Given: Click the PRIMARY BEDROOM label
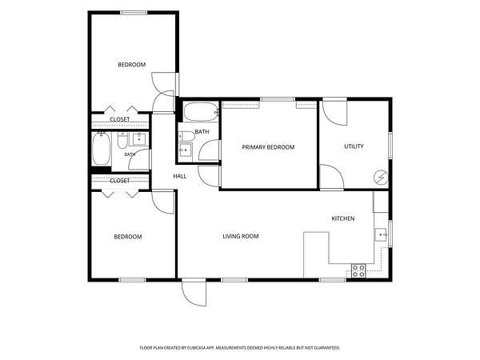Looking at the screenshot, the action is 268,147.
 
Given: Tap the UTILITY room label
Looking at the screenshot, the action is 354,146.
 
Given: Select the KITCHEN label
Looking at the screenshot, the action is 343,218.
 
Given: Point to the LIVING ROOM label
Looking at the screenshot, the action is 241,236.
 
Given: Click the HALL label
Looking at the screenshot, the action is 180,176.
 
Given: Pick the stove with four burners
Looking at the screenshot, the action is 358,270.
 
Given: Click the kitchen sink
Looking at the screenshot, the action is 381,234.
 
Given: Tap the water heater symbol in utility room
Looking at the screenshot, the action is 381,178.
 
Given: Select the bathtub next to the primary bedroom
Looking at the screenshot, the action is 201,112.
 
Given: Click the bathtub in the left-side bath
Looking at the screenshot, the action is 102,149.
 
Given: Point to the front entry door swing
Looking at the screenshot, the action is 194,293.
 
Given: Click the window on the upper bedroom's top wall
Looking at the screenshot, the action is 134,13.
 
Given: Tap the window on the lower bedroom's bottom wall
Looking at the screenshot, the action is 132,280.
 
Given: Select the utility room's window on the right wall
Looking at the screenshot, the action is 390,145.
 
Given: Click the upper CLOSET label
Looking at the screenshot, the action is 120,119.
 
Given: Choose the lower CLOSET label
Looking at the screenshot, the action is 120,181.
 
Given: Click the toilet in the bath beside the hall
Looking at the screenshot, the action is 186,136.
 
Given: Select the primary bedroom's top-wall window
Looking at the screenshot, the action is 278,99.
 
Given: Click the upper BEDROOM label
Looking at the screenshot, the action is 132,65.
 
